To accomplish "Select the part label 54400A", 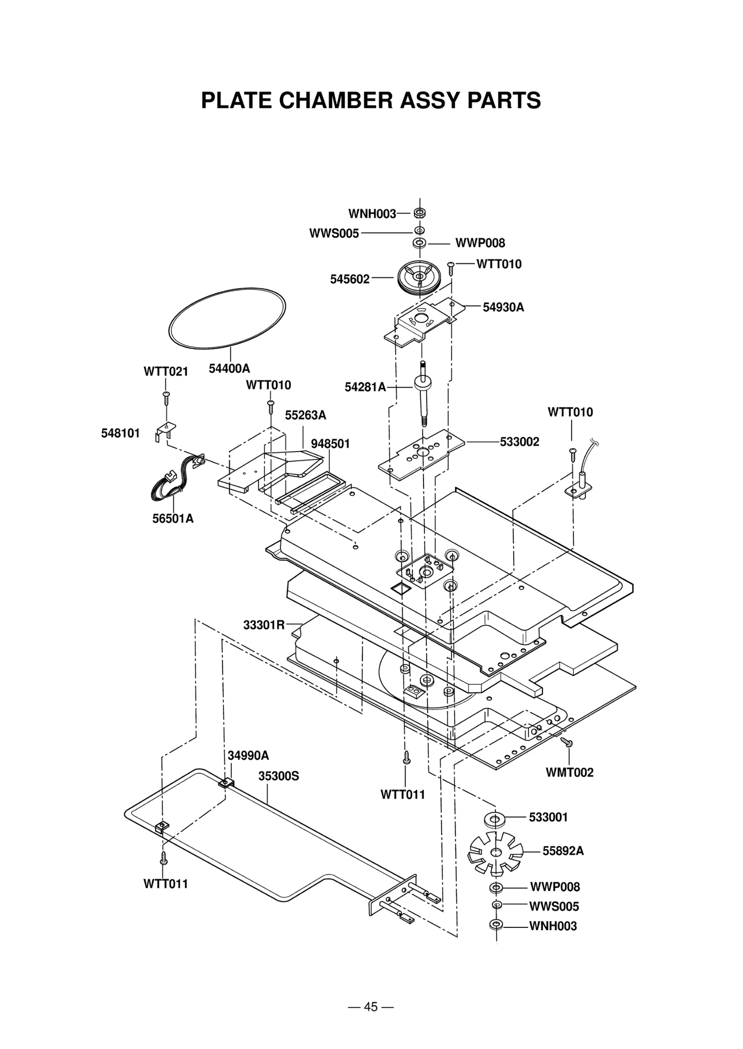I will coord(229,369).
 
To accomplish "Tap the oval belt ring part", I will coord(227,317).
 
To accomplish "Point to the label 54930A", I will coord(503,307).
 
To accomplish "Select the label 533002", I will coord(520,441).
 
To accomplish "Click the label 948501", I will coord(330,444).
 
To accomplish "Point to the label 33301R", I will coord(264,625).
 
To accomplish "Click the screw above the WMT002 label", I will coord(567,742).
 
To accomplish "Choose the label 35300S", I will coord(279,776).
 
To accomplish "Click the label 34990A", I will coord(248,755).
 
